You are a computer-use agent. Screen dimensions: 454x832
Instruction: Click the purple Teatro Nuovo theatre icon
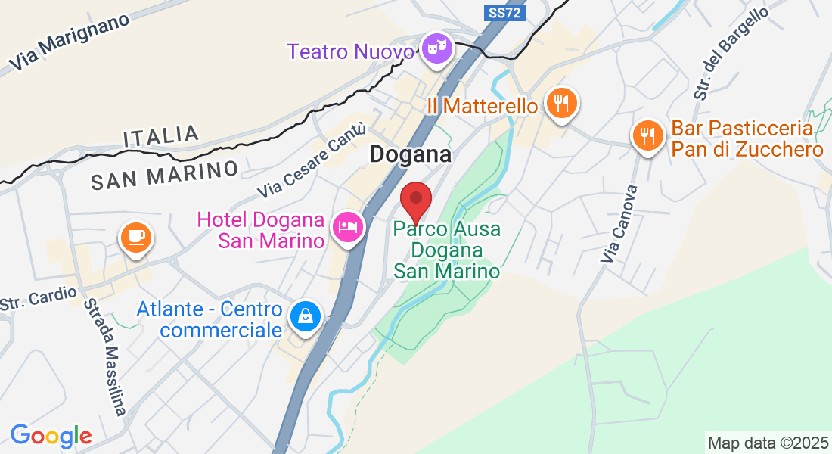point(437,49)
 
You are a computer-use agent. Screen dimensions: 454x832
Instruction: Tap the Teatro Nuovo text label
point(351,52)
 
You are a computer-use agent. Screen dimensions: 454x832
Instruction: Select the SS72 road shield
point(504,13)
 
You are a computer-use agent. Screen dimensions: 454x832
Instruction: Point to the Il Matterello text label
point(482,106)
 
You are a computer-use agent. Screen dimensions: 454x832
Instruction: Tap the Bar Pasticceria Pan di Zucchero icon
point(647,136)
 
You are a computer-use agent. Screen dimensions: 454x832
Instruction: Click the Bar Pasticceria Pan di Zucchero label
point(747,139)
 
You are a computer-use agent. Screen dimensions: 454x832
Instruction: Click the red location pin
point(415,201)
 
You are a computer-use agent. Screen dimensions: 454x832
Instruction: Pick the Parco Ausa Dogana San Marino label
point(447,250)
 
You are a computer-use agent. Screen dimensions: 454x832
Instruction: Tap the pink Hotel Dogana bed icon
point(348,225)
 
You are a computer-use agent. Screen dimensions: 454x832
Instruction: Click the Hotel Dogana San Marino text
point(261,230)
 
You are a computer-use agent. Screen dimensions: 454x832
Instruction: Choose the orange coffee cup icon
point(135,238)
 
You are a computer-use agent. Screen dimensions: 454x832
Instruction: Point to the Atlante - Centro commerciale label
point(210,320)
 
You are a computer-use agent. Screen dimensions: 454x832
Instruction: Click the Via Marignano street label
point(70,44)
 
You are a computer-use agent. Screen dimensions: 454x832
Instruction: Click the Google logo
point(51,436)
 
